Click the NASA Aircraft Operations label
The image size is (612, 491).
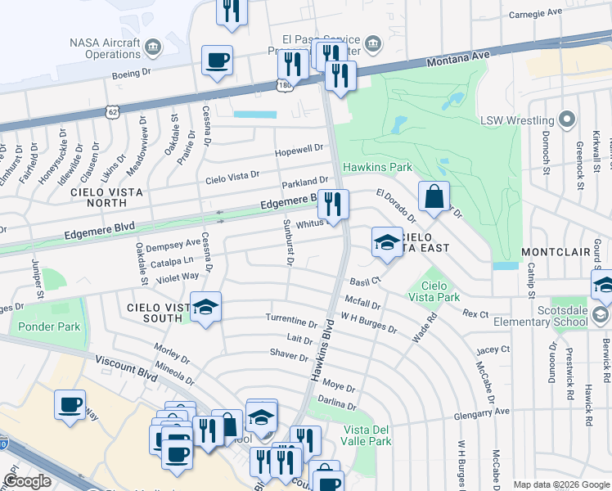tap(105, 48)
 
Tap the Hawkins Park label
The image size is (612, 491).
tap(376, 167)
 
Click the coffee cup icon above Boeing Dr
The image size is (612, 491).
tap(217, 61)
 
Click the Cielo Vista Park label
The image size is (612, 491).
tap(434, 291)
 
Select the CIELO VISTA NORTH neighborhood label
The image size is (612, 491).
tap(106, 199)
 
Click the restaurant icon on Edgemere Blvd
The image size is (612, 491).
tap(332, 205)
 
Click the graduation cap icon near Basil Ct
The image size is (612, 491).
tap(387, 243)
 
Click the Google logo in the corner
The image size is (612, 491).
tap(27, 481)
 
